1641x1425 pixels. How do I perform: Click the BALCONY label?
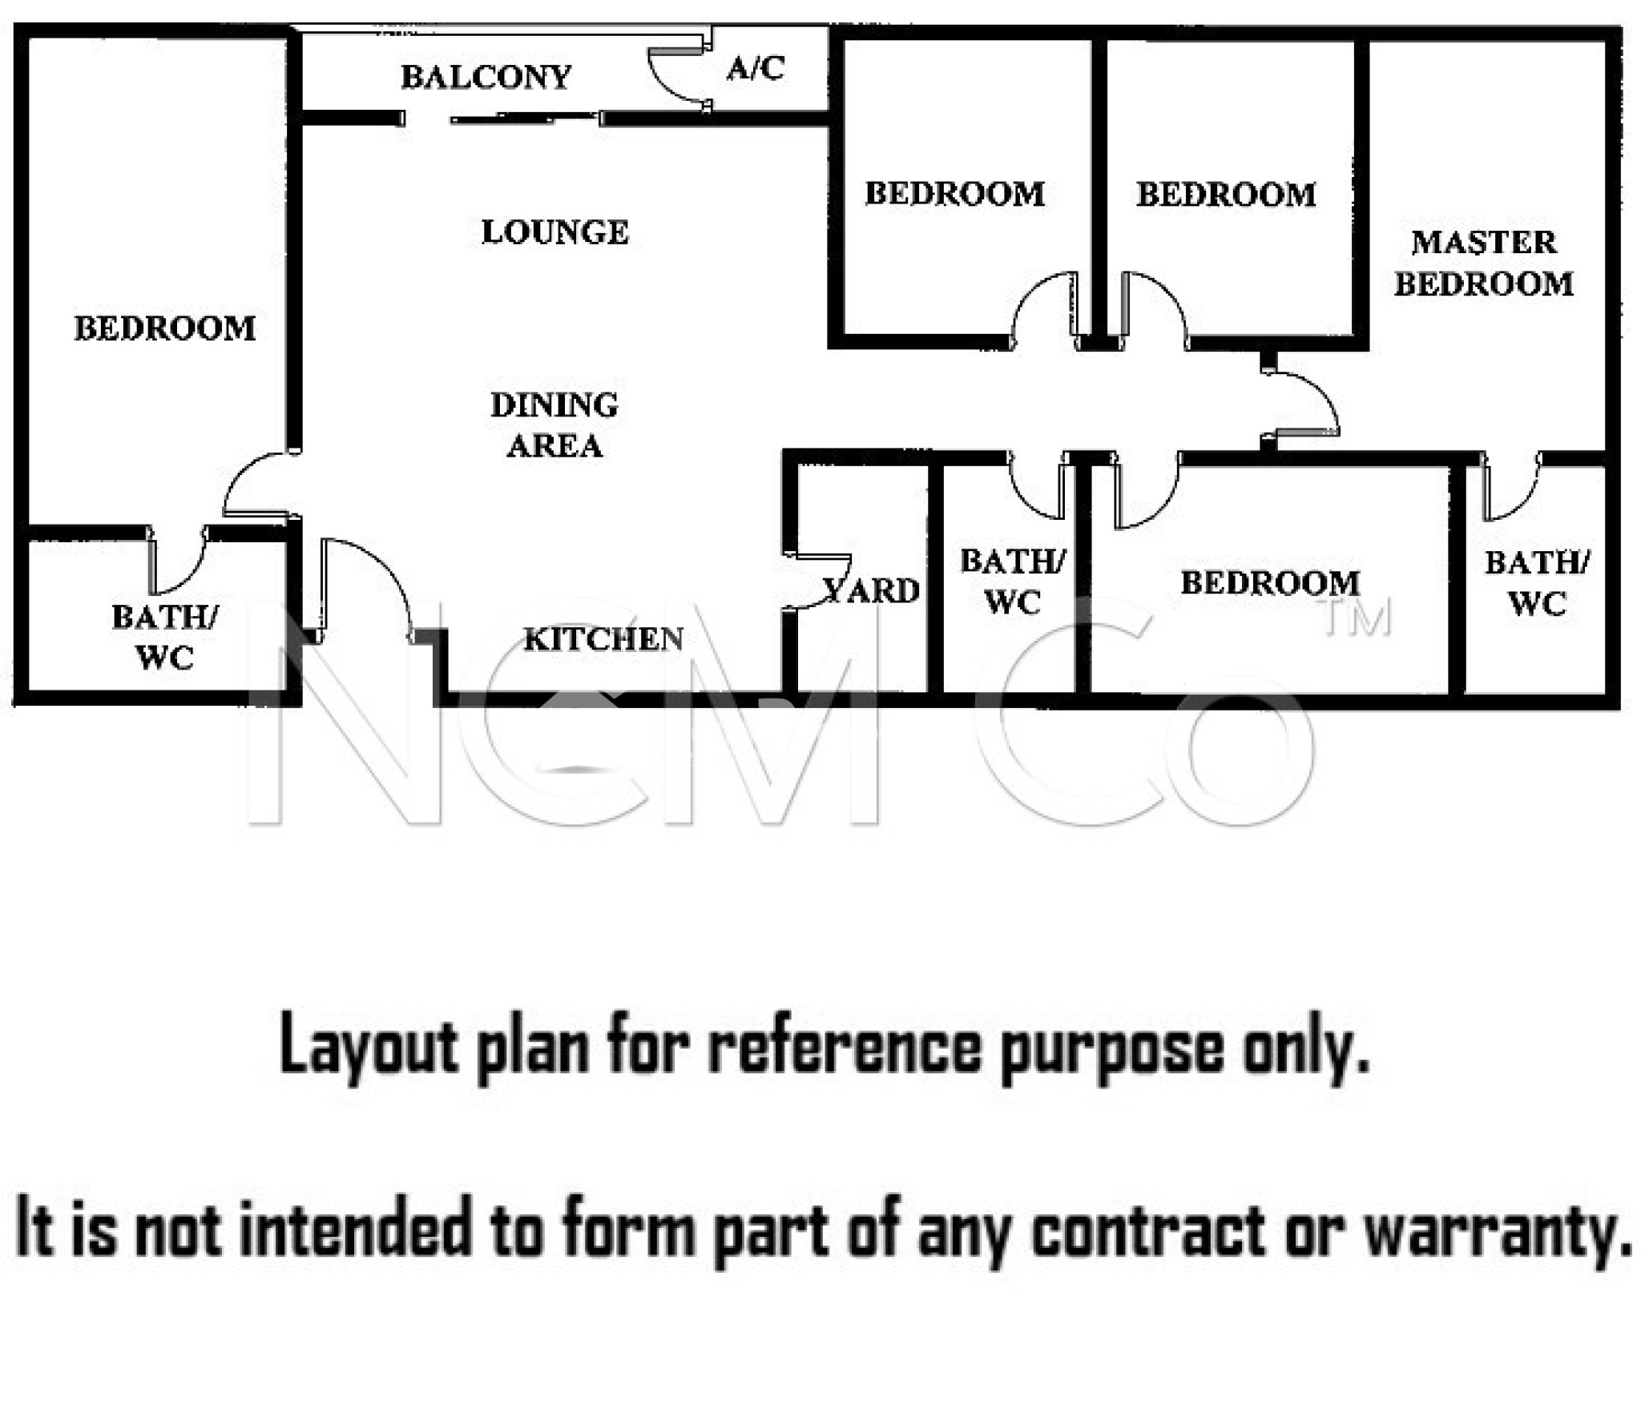click(x=486, y=77)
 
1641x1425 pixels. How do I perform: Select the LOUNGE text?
click(x=554, y=231)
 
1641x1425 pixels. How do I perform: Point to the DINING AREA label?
click(x=554, y=425)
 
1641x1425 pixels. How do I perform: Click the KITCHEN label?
click(x=603, y=638)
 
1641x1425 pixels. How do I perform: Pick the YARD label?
click(x=872, y=590)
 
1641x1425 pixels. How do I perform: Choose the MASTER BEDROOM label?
click(x=1484, y=263)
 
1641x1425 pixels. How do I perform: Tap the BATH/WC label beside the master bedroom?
click(x=1537, y=582)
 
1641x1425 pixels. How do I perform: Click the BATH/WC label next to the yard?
click(x=1013, y=581)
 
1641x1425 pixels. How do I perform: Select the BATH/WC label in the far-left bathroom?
click(x=164, y=637)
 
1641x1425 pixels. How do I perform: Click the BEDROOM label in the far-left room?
click(x=164, y=328)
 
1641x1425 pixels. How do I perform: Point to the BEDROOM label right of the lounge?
click(x=954, y=193)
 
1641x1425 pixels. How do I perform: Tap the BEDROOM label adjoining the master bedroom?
click(x=1226, y=194)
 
